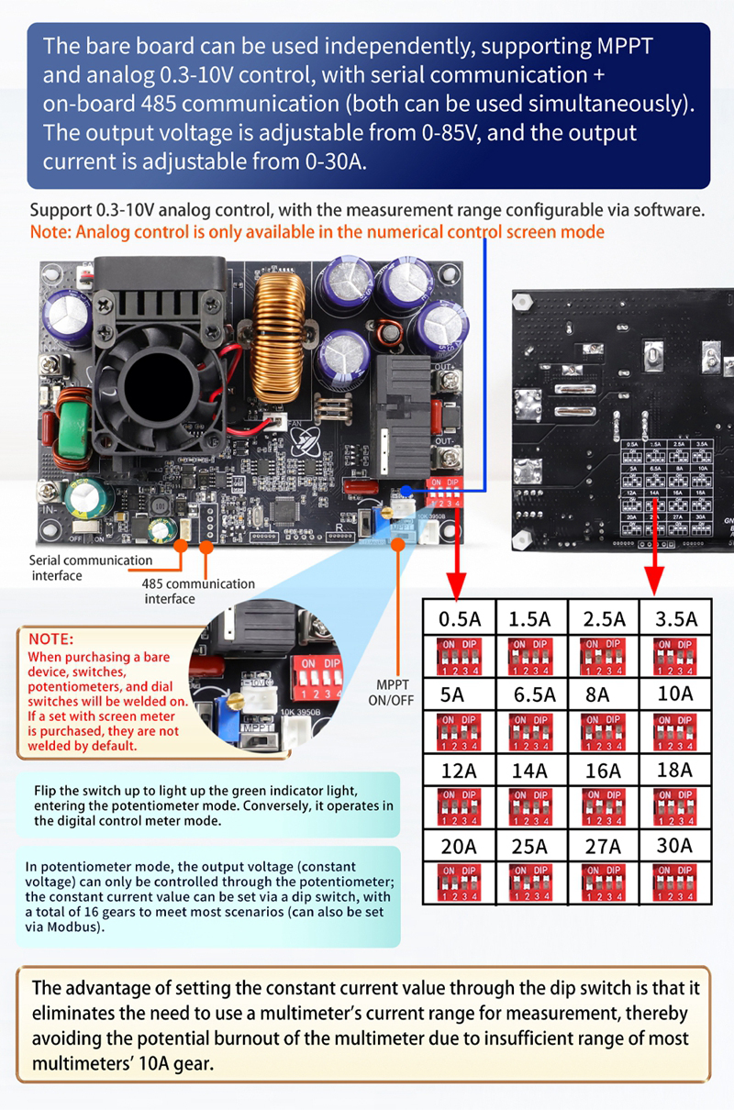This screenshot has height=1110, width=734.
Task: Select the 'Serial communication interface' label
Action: coord(90,567)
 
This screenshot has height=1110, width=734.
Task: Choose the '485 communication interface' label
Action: coord(197,591)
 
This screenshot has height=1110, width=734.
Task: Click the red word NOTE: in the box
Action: coord(51,638)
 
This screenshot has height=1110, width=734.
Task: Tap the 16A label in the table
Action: coord(603,771)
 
